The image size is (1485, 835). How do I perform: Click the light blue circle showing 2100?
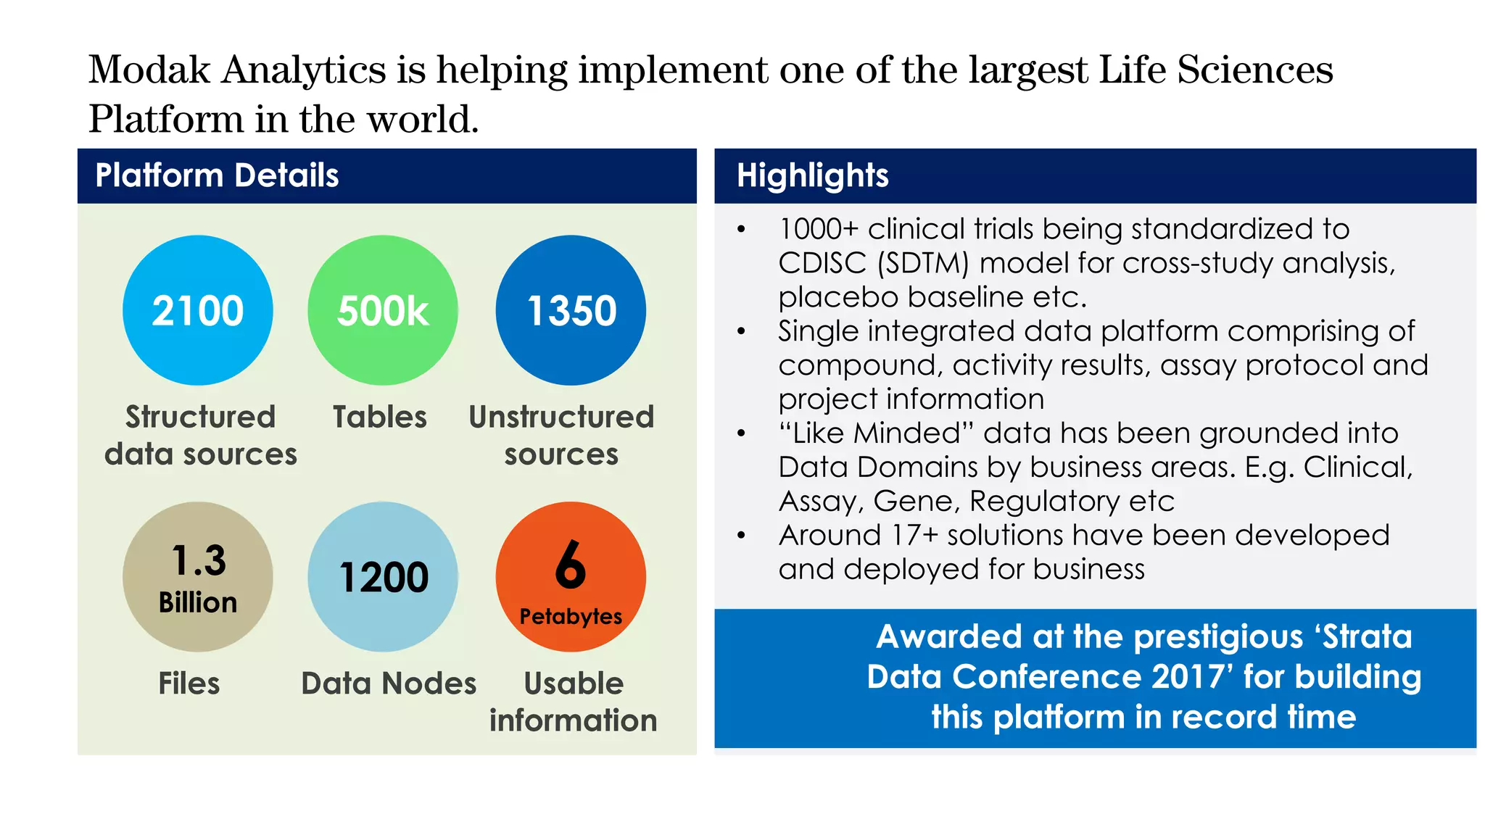(197, 310)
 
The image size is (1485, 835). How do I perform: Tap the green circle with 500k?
(383, 310)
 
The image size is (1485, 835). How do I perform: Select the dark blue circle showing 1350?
(571, 310)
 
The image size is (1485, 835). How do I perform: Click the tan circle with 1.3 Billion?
(197, 577)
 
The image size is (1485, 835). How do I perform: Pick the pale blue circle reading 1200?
(383, 577)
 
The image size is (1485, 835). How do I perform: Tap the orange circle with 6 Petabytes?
(571, 577)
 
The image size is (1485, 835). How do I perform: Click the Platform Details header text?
(217, 176)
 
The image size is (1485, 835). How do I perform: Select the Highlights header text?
(812, 176)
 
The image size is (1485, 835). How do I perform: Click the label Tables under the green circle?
(380, 417)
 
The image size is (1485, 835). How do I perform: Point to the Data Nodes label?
(389, 684)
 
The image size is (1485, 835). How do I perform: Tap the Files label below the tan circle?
(189, 684)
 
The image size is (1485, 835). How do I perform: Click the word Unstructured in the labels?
(561, 417)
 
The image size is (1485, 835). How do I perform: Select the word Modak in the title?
(149, 70)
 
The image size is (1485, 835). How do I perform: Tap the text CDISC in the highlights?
(822, 263)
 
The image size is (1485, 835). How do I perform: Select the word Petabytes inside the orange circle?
(571, 617)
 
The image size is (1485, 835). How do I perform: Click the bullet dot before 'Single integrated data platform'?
(740, 332)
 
